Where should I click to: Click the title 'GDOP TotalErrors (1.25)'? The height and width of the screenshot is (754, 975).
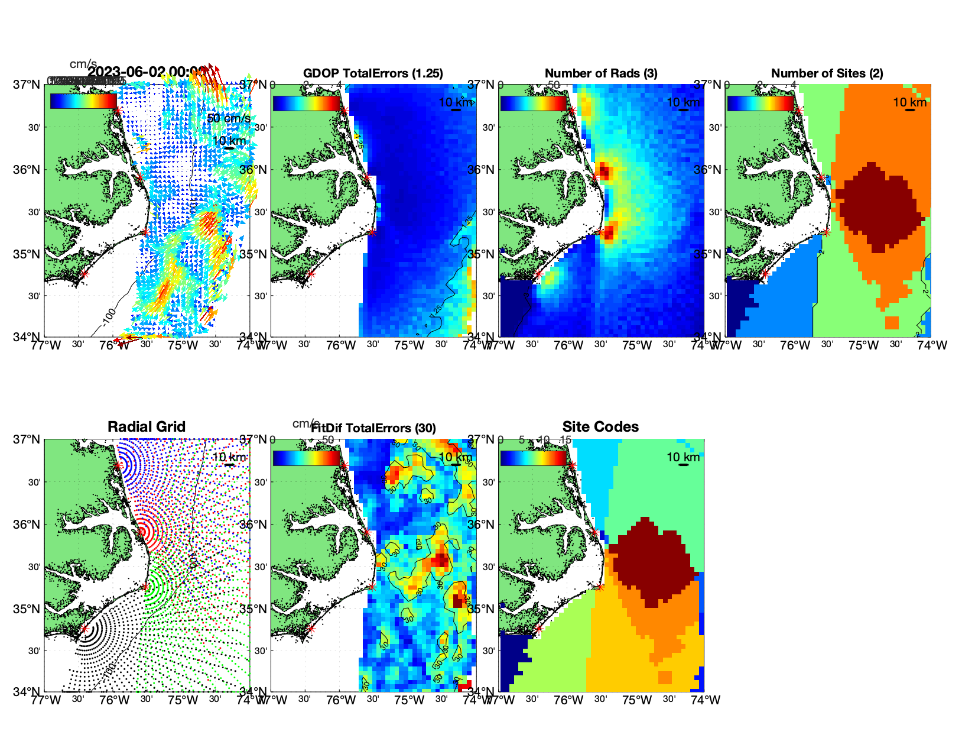coord(373,73)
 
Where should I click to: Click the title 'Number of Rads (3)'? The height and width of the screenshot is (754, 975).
coord(600,73)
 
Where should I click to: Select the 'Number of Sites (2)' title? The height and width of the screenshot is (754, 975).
coord(827,73)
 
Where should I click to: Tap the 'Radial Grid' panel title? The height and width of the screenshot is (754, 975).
coord(147,427)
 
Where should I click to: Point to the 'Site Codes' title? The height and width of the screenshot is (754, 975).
coord(600,427)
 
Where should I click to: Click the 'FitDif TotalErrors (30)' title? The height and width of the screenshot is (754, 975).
coord(374,428)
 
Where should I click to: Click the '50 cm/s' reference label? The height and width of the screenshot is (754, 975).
coord(228,118)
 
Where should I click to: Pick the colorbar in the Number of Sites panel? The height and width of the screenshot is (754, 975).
coord(760,102)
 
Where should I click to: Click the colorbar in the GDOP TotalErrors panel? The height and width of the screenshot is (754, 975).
coord(306,102)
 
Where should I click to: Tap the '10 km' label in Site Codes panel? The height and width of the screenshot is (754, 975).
coord(683,457)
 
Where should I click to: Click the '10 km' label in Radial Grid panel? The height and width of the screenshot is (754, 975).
coord(229,457)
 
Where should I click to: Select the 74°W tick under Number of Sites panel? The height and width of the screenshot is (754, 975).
coord(932,345)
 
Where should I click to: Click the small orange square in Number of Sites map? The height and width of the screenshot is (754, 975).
coord(892,323)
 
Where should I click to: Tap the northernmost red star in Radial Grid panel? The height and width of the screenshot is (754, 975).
coord(118,465)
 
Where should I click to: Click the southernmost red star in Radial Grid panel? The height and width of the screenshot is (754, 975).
coord(84,629)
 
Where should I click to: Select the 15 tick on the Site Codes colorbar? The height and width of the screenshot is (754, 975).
coord(565,440)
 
